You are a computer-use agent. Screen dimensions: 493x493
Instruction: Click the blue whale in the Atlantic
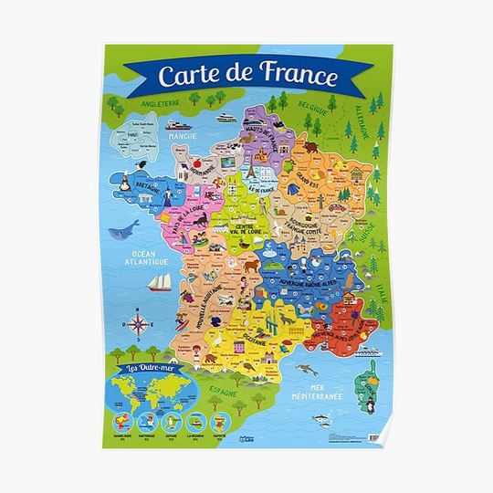(124, 229)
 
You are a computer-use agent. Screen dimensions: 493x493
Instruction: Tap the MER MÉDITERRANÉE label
(330, 392)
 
